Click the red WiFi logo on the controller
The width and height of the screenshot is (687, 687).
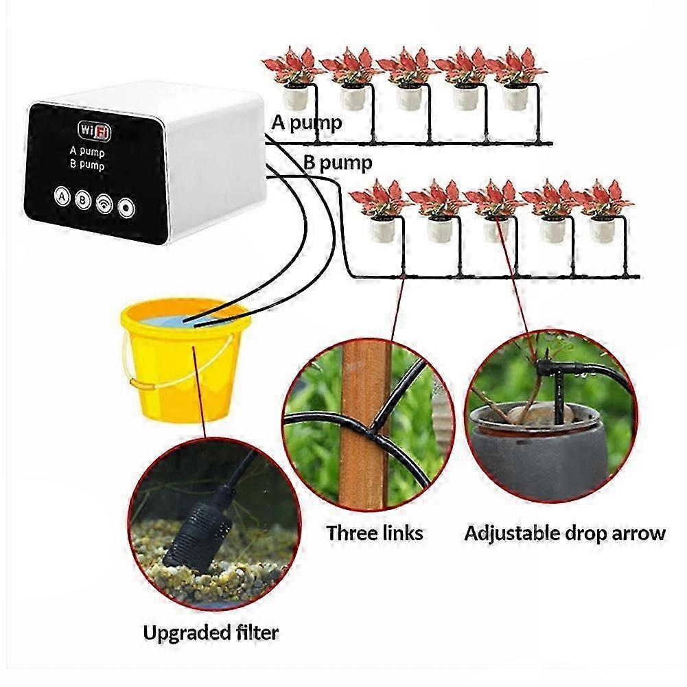94,130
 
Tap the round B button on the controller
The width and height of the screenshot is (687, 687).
82,200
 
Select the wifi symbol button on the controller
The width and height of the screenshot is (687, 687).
104,204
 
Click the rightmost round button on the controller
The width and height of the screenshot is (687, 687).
126,208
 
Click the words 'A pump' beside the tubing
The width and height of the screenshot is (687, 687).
307,123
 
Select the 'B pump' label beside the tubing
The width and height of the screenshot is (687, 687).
338,163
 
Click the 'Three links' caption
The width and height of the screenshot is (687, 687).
375,533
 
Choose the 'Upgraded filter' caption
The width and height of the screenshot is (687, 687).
211,633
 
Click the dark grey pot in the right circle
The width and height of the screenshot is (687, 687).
539,452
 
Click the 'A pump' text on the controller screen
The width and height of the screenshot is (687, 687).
87,152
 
